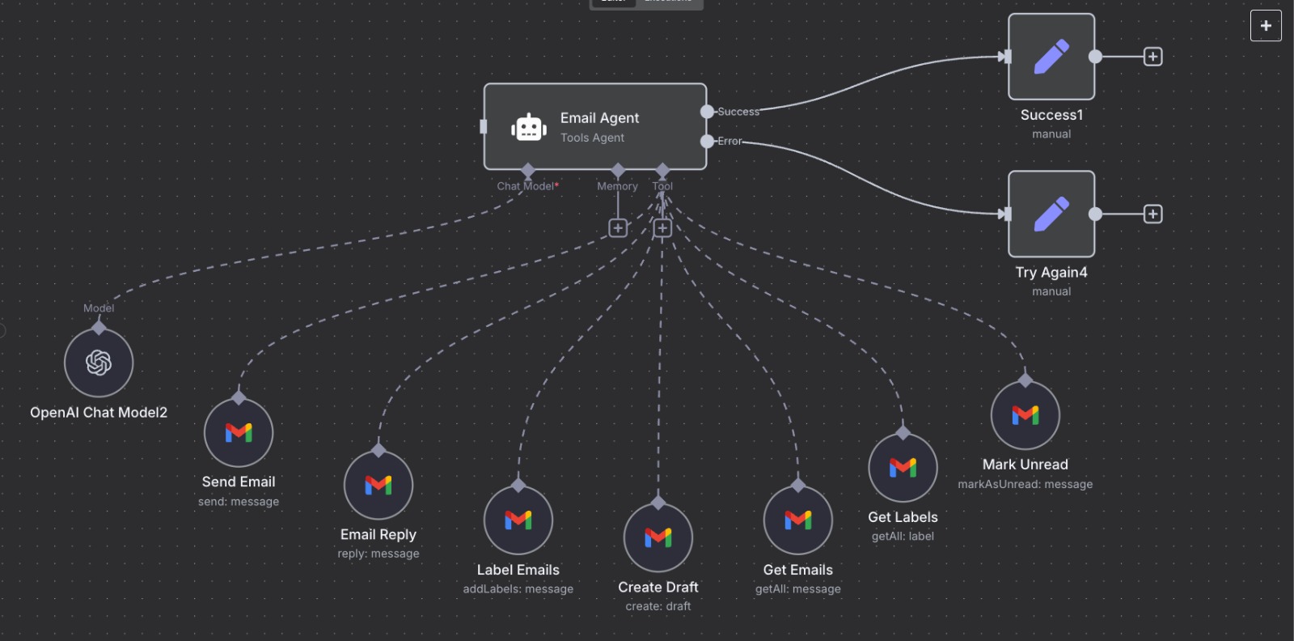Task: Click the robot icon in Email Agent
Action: pyautogui.click(x=529, y=127)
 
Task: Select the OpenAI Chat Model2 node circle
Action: pyautogui.click(x=99, y=363)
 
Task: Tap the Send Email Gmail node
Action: pyautogui.click(x=239, y=433)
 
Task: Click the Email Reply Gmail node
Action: pyautogui.click(x=378, y=486)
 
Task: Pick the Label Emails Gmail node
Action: pyautogui.click(x=518, y=520)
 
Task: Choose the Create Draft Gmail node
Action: pyautogui.click(x=658, y=537)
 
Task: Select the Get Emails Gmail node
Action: pyautogui.click(x=798, y=520)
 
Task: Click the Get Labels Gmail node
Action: pyautogui.click(x=903, y=468)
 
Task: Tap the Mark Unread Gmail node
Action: pyautogui.click(x=1025, y=415)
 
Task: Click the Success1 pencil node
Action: pyautogui.click(x=1051, y=57)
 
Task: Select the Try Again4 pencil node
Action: pyautogui.click(x=1051, y=214)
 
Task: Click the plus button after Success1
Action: pyautogui.click(x=1152, y=57)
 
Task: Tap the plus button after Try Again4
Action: pyautogui.click(x=1152, y=214)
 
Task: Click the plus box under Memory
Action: pyautogui.click(x=618, y=228)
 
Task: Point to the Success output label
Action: pyautogui.click(x=738, y=112)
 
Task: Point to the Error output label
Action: pyautogui.click(x=729, y=141)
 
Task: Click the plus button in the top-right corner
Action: pyautogui.click(x=1266, y=26)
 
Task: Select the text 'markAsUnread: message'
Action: pyautogui.click(x=1025, y=484)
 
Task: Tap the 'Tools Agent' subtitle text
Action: pyautogui.click(x=592, y=138)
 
